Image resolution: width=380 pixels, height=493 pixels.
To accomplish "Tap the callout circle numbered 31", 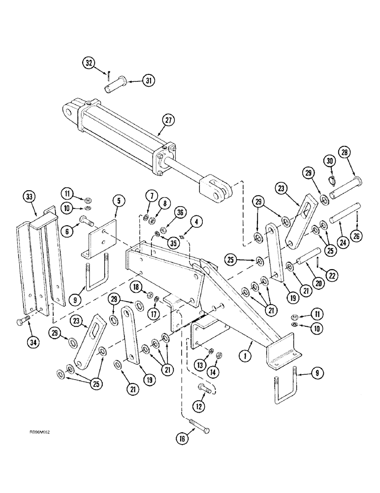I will tap(148, 80).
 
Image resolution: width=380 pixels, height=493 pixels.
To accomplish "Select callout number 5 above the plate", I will tap(119, 201).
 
